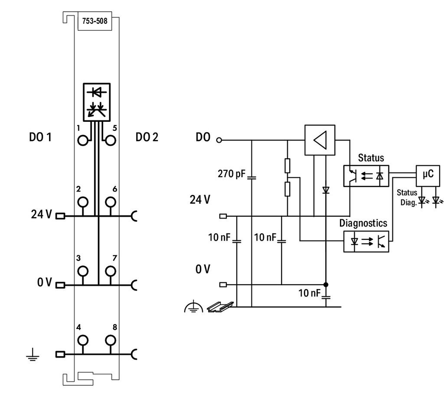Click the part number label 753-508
pyautogui.click(x=95, y=21)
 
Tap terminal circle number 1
pyautogui.click(x=83, y=140)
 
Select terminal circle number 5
pyautogui.click(x=111, y=140)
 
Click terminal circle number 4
pyautogui.click(x=83, y=340)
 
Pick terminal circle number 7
pyautogui.click(x=111, y=271)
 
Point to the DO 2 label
pyautogui.click(x=147, y=137)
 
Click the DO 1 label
pyautogui.click(x=40, y=137)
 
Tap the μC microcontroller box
pyautogui.click(x=428, y=176)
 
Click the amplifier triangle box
pyautogui.click(x=320, y=140)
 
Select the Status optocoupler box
pyautogui.click(x=366, y=176)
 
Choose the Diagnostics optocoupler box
pyautogui.click(x=366, y=241)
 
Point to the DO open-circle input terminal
pyautogui.click(x=219, y=140)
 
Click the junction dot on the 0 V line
pyautogui.click(x=326, y=284)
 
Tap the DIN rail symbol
pyautogui.click(x=221, y=307)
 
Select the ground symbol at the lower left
pyautogui.click(x=33, y=355)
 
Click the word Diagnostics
pyautogui.click(x=363, y=223)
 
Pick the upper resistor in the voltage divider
pyautogui.click(x=287, y=166)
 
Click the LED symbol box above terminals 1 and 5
pyautogui.click(x=97, y=102)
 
